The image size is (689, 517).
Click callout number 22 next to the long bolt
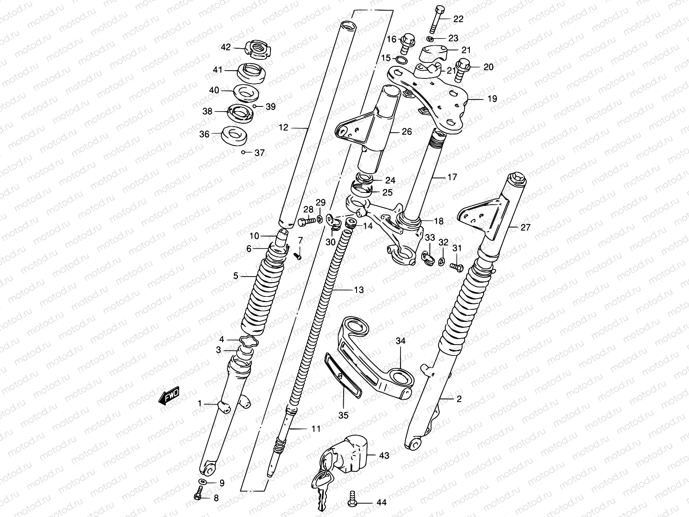(x=458, y=19)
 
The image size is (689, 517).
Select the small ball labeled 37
(x=244, y=153)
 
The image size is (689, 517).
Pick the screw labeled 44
(x=352, y=499)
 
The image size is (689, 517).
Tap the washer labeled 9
(x=203, y=481)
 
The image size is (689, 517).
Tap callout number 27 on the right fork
(x=525, y=227)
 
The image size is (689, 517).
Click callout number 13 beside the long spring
(x=358, y=290)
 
